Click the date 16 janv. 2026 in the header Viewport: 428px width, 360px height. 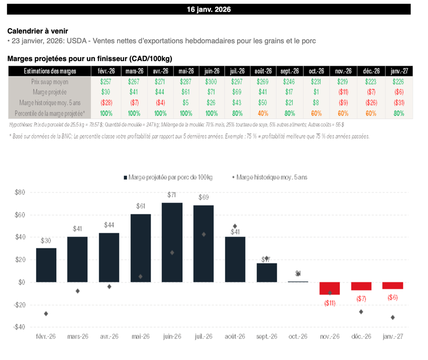(209, 9)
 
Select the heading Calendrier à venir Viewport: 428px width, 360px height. (38, 31)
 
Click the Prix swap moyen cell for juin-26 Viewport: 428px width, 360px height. (212, 82)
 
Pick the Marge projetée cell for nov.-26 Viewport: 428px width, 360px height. (342, 92)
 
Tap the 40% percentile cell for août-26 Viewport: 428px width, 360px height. (263, 113)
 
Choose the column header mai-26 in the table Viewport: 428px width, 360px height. (186, 71)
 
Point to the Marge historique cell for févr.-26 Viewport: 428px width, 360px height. (106, 103)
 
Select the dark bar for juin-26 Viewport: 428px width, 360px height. (172, 243)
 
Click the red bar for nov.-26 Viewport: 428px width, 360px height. (330, 289)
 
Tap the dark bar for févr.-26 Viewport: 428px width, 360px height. (46, 265)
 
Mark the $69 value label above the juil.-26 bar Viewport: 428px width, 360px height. (204, 197)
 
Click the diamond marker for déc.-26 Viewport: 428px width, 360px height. (361, 312)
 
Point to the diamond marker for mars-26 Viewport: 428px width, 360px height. (77, 291)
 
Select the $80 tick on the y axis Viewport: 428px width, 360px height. (20, 193)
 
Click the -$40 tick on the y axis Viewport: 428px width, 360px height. (19, 327)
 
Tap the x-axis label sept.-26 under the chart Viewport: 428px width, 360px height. (267, 337)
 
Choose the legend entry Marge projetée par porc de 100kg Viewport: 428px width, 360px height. (168, 177)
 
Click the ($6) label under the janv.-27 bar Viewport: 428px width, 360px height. (392, 298)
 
